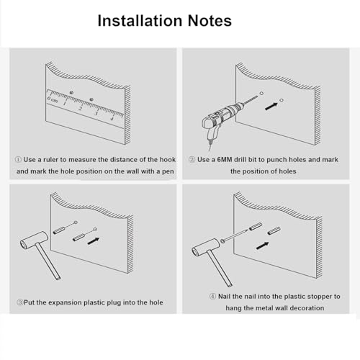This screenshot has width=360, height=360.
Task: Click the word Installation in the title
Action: [x=140, y=21]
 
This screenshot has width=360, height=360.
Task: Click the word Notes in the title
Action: [x=210, y=21]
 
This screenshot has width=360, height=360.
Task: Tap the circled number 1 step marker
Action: [x=18, y=160]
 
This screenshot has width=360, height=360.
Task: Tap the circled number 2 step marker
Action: [x=192, y=160]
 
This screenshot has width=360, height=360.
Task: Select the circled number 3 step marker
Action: [x=19, y=302]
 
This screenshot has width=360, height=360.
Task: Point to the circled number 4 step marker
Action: [x=212, y=297]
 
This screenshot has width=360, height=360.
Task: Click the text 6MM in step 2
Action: [x=225, y=160]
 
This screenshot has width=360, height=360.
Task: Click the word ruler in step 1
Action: [x=50, y=160]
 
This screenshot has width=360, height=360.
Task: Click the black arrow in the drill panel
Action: [x=271, y=107]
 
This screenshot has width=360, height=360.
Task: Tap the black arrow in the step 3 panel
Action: [x=94, y=241]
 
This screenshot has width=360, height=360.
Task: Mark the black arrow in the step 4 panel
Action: [x=262, y=246]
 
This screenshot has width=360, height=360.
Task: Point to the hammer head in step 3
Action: [x=34, y=240]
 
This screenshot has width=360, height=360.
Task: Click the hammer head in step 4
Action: [x=205, y=247]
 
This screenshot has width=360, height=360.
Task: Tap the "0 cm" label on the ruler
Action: [x=53, y=100]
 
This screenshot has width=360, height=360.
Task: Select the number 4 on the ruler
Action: [x=112, y=119]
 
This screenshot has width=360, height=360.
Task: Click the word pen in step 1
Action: [x=168, y=172]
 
